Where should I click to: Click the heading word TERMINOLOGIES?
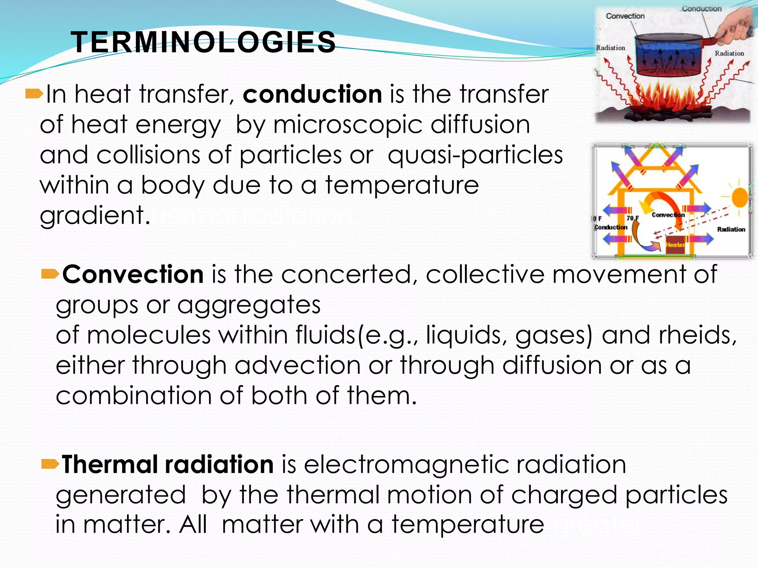pos(203,42)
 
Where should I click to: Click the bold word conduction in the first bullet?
pos(312,94)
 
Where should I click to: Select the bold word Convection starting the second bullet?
pos(133,274)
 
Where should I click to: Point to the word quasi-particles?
pos(475,155)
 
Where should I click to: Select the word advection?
pos(298,365)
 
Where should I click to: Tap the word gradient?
pos(95,216)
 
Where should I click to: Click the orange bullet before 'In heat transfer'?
pos(34,95)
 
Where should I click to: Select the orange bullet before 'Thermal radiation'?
pos(50,464)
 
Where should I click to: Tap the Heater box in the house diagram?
pos(675,245)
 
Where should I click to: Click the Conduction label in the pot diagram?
pos(701,9)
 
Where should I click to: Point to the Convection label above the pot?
pos(625,16)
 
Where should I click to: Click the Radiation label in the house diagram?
pos(731,230)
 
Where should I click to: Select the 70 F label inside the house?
pos(633,218)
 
